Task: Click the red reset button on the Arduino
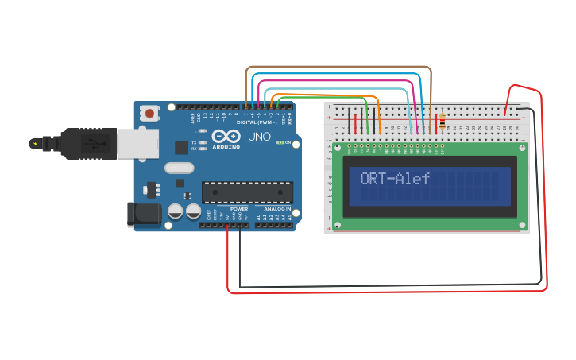pos(150,114)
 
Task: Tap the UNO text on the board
pos(260,137)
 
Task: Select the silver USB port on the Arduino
pos(137,143)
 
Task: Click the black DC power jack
pos(143,214)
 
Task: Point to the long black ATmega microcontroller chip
pos(247,192)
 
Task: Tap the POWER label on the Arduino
pos(239,209)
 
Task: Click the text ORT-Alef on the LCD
pos(395,179)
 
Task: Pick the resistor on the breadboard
pos(442,123)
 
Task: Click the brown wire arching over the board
pos(338,68)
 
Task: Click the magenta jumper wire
pos(334,82)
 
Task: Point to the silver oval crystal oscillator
pos(180,168)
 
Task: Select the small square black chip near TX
pos(182,147)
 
